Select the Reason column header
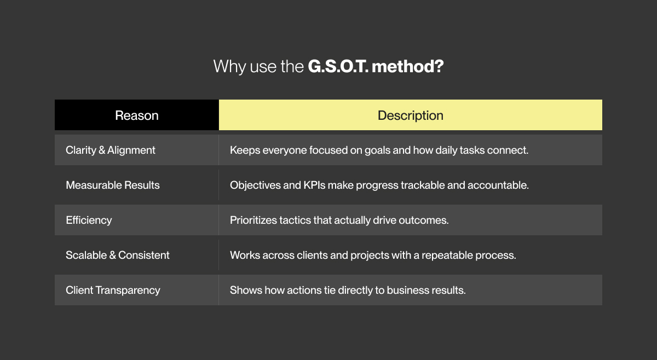(x=137, y=115)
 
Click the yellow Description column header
(x=411, y=115)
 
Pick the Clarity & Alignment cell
(x=111, y=150)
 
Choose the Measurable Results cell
(x=113, y=185)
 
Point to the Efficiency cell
(x=89, y=220)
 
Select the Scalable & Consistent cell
(x=118, y=255)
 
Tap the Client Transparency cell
(x=113, y=290)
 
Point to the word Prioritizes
(x=256, y=220)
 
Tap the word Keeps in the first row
(x=245, y=150)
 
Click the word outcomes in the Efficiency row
(x=425, y=220)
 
